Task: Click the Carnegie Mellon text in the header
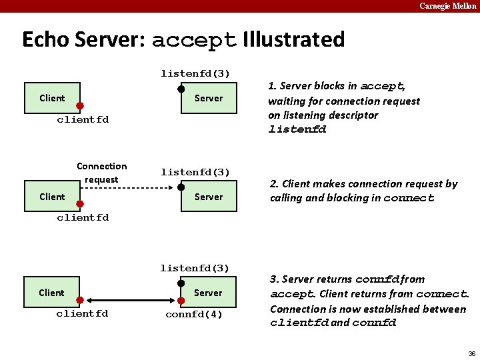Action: coord(447,6)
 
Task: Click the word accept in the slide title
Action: coord(194,40)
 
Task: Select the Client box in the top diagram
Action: coord(52,98)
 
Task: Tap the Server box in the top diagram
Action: coord(209,98)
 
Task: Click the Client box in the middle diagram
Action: coord(52,197)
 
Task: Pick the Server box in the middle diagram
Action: coord(209,197)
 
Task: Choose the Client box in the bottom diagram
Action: coord(52,293)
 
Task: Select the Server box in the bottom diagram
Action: coord(209,293)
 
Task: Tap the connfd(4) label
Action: coord(194,314)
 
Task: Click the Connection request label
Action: coord(101,173)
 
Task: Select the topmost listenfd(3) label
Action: coord(195,73)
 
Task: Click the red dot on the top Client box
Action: coord(79,106)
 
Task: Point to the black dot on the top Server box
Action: coord(181,89)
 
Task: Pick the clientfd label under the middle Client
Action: coord(83,217)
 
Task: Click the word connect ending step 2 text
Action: coord(409,198)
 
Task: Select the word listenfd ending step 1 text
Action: coord(297,130)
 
